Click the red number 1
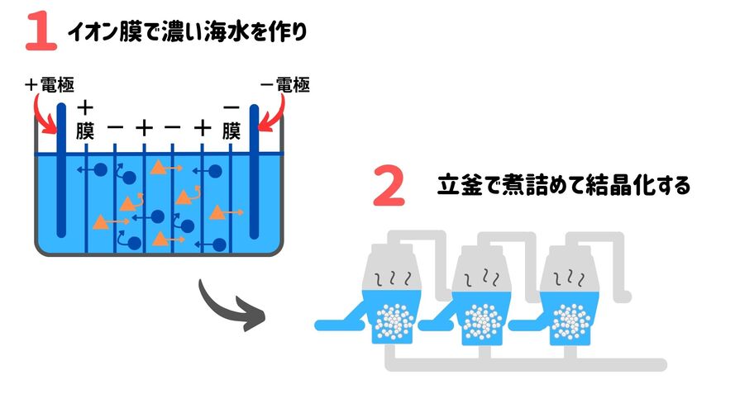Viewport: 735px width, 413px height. (x=40, y=31)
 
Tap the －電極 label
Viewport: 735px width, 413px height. (x=284, y=84)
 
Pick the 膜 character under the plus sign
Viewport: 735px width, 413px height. (x=85, y=131)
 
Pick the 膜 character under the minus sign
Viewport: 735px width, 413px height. (x=231, y=131)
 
